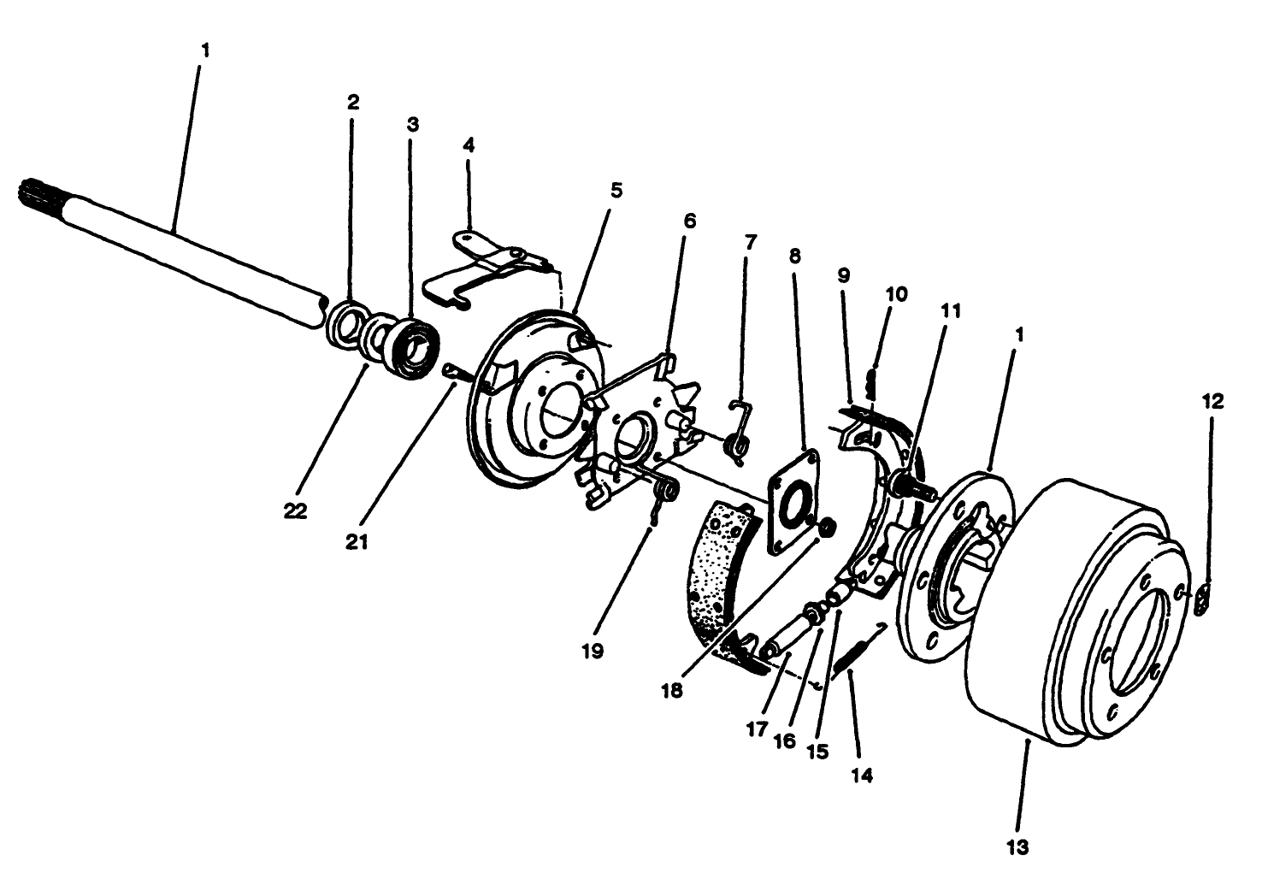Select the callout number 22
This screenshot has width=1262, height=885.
[295, 510]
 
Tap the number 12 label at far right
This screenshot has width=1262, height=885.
[1211, 401]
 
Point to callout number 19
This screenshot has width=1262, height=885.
[592, 651]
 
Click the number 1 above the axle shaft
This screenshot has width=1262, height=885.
[204, 50]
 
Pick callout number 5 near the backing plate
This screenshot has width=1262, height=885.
[616, 190]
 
